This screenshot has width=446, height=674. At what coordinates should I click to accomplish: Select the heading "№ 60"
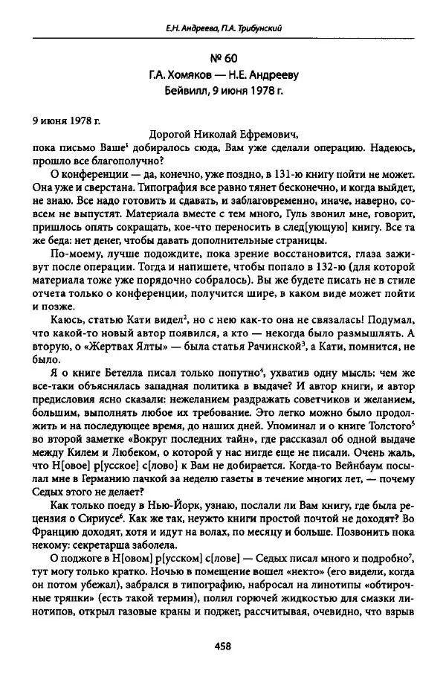pyautogui.click(x=224, y=59)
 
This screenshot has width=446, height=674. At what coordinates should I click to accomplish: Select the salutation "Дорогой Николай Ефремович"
pyautogui.click(x=223, y=134)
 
